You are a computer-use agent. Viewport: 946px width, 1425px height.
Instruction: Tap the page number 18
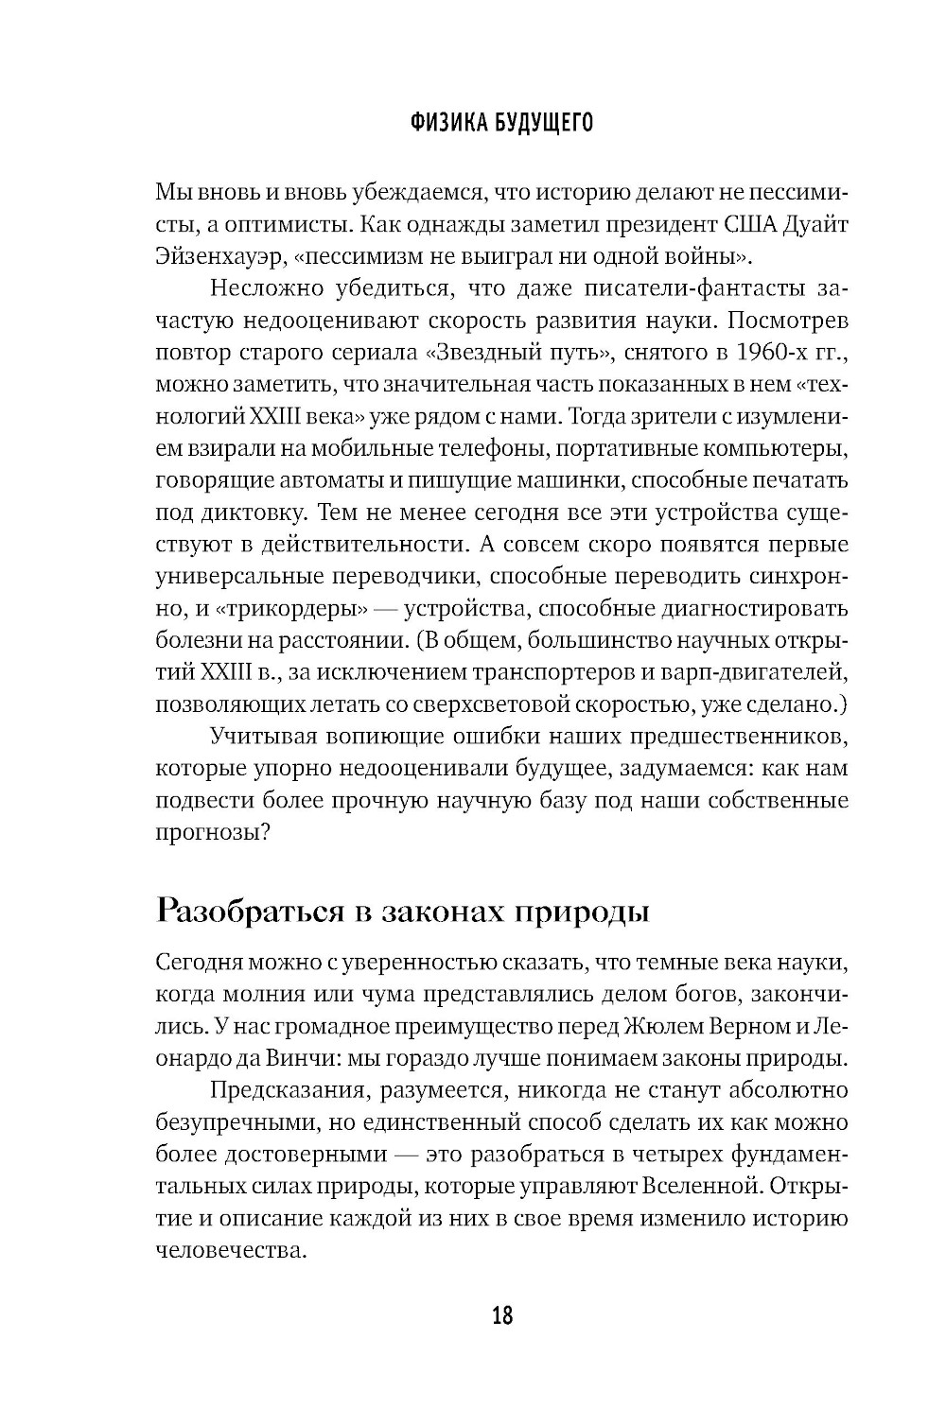point(502,1314)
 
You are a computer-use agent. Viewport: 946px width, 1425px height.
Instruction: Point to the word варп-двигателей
point(764,672)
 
